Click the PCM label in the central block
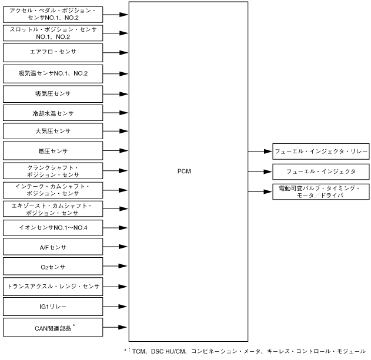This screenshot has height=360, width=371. click(184, 171)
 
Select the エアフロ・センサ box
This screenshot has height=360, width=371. click(53, 52)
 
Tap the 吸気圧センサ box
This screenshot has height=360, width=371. click(53, 93)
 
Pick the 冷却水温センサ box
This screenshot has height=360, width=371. click(53, 112)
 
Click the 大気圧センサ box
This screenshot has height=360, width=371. click(53, 131)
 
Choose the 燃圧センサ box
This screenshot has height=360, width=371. click(53, 152)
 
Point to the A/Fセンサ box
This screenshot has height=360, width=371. click(53, 248)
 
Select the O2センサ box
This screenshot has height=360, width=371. click(53, 267)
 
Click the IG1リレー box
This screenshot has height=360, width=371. click(53, 307)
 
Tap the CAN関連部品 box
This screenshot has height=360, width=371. click(53, 326)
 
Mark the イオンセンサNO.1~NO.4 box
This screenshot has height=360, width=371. click(53, 228)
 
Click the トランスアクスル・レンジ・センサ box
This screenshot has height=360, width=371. click(53, 287)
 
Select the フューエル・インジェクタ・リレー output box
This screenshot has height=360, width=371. click(320, 152)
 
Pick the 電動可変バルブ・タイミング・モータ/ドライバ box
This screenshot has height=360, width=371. click(320, 191)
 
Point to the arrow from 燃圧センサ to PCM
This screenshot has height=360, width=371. click(116, 152)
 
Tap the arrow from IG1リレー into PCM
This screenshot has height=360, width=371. click(116, 307)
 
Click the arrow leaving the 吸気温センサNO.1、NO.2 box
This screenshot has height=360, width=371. click(116, 74)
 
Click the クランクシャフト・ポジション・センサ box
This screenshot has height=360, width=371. click(53, 171)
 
